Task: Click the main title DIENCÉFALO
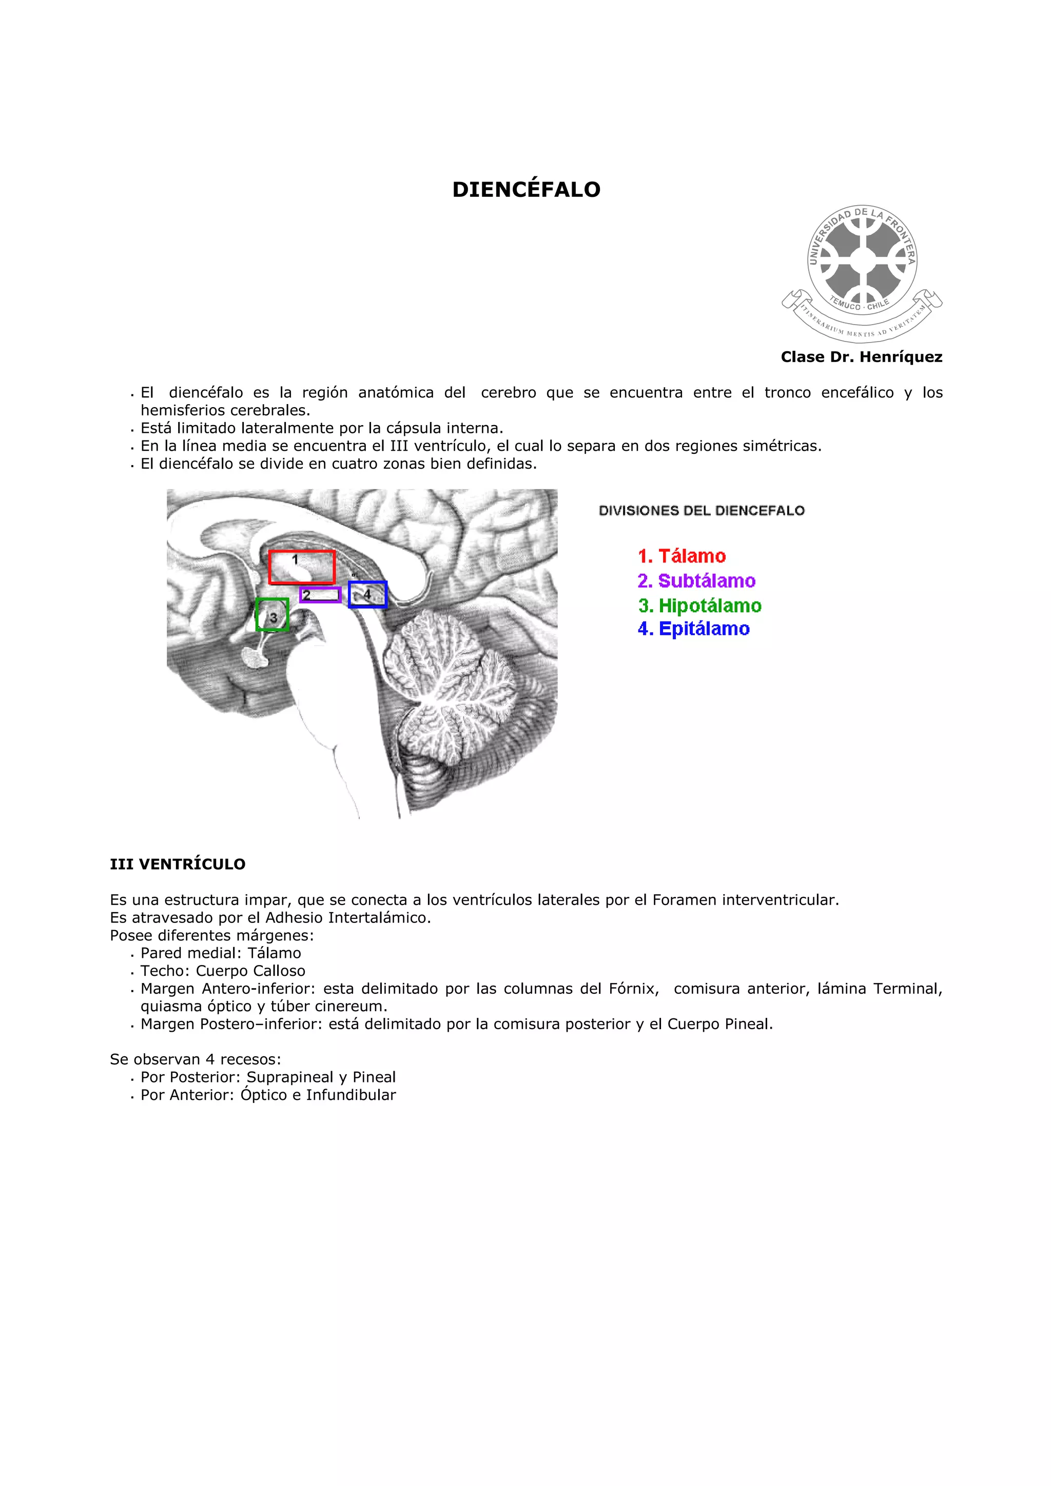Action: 526,190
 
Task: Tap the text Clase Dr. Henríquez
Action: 861,357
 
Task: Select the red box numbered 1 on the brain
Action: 302,567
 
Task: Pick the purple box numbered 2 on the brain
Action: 320,595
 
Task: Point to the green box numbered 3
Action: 272,615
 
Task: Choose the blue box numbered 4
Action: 367,594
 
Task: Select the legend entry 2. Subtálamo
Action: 696,580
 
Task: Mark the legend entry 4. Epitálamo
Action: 693,629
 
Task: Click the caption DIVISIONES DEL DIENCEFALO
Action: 702,511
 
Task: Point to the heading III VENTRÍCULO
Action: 178,864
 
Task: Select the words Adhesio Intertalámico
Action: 348,918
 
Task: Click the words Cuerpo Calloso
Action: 250,971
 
